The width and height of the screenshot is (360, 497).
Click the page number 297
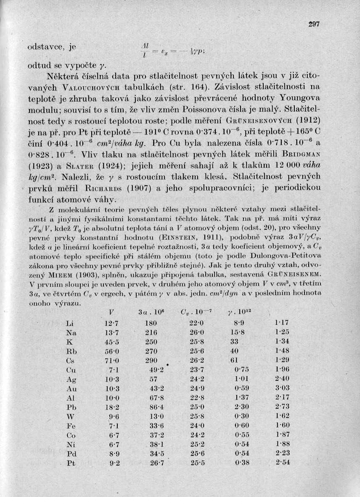(313, 24)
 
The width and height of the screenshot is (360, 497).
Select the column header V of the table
(111, 313)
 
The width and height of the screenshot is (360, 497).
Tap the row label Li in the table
(71, 323)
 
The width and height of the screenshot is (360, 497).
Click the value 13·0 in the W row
(151, 417)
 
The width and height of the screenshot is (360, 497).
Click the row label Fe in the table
(71, 426)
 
